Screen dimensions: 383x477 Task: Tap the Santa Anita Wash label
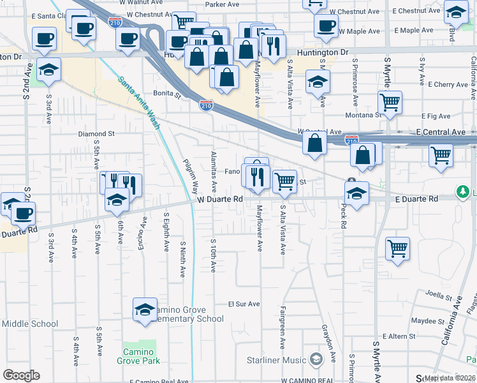[138, 103]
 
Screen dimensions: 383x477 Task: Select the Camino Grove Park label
[135, 356]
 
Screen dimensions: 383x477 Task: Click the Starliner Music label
[277, 360]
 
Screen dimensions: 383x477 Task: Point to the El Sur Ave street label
[245, 304]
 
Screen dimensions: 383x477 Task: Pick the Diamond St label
[96, 134]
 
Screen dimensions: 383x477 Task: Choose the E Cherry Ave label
[449, 84]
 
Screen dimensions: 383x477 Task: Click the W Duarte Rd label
[220, 199]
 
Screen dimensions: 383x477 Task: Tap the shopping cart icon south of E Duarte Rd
[398, 248]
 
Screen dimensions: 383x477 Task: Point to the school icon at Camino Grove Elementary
[145, 310]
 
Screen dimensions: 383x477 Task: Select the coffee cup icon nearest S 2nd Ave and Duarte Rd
[23, 214]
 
